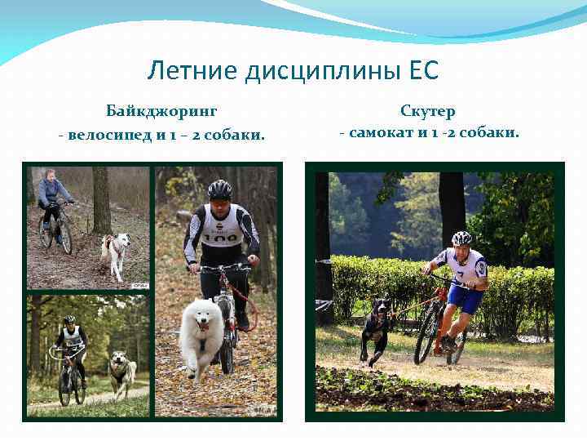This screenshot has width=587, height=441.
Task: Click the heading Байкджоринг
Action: click(x=161, y=110)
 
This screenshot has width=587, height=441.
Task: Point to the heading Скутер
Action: click(x=427, y=110)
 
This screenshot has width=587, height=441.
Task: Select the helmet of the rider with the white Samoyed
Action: click(x=219, y=189)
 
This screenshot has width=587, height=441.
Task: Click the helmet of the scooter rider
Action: click(x=461, y=238)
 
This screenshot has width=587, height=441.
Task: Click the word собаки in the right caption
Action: click(x=492, y=131)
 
